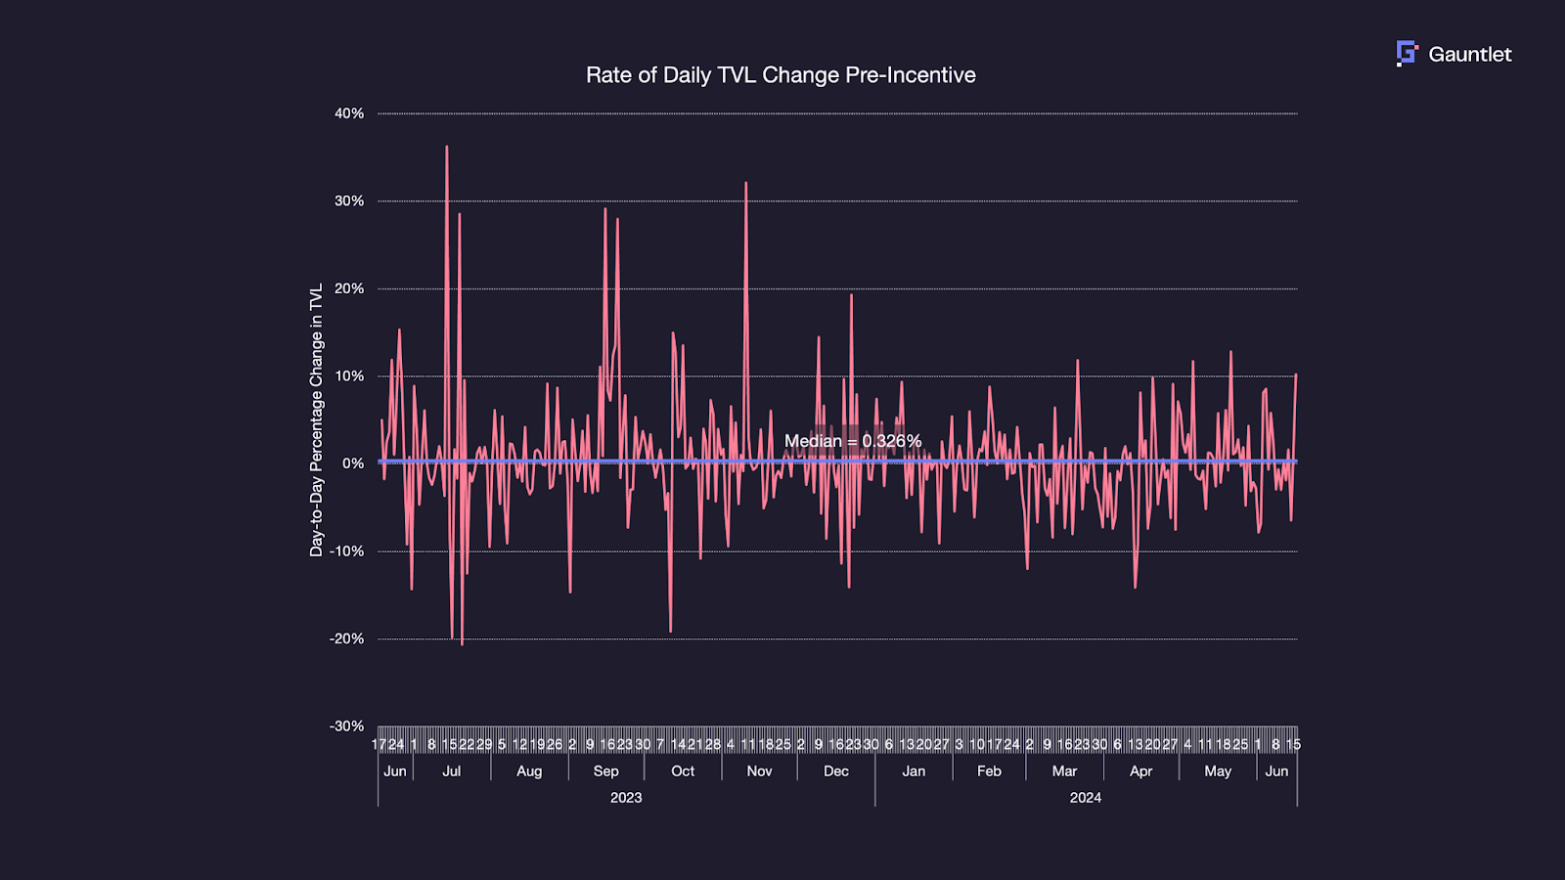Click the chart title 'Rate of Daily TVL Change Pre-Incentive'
pos(781,75)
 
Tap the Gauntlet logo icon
pos(1407,54)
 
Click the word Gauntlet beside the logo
pos(1469,55)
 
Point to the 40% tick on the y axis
pos(349,113)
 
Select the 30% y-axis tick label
pos(349,201)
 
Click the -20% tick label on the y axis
pos(346,638)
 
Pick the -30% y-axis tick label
pos(346,726)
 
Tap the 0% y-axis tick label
pos(353,463)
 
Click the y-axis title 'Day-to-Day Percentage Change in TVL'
pos(316,420)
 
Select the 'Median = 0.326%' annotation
pos(853,441)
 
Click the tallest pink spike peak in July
pos(447,148)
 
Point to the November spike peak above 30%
pos(746,183)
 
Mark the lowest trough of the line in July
pos(462,643)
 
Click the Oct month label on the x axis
pos(683,771)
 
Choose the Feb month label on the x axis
pos(989,771)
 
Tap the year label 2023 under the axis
pos(626,798)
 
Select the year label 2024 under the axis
pos(1085,798)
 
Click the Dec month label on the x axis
pos(836,771)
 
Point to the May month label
pos(1218,771)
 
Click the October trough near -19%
pos(671,631)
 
